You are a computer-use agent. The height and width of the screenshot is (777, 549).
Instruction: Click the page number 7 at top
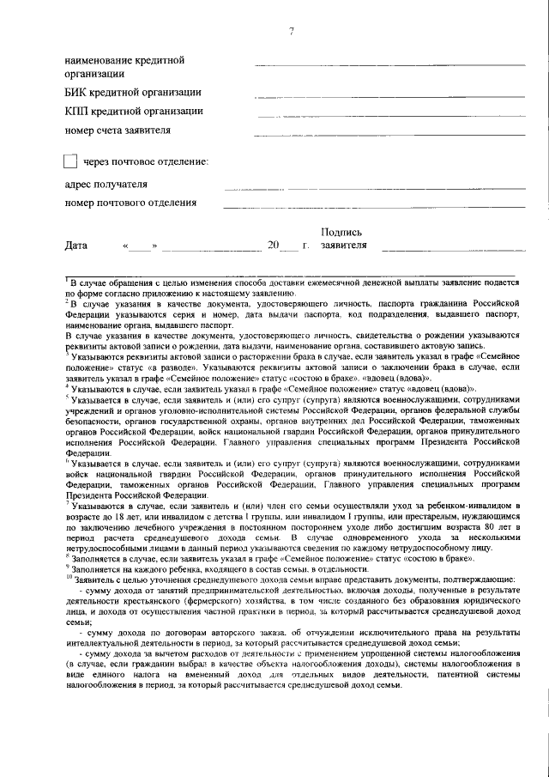[291, 33]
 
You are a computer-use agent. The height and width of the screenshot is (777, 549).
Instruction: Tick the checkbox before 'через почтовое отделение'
[71, 161]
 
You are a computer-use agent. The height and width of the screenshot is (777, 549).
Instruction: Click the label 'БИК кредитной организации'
[133, 93]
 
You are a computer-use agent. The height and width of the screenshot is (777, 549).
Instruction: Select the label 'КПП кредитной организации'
[134, 112]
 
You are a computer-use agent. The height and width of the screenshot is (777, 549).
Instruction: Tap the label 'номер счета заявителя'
[118, 131]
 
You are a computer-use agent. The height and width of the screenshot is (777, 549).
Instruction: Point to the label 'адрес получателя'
[106, 184]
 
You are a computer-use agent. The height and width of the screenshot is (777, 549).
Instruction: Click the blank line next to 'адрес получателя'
[374, 187]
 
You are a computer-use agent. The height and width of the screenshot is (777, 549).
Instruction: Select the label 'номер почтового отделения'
[131, 203]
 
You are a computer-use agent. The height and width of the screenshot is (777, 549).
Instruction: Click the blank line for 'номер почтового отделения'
[374, 207]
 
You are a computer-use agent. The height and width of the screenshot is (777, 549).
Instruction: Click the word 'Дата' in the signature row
[76, 246]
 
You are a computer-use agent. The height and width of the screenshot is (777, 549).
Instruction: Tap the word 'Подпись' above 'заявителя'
[341, 232]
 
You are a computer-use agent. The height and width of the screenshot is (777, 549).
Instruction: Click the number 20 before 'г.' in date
[273, 246]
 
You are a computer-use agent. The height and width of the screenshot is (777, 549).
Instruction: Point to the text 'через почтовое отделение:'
[145, 161]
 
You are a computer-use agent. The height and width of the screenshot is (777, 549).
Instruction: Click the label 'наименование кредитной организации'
[125, 67]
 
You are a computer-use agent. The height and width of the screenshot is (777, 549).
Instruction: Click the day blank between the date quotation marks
[140, 248]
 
